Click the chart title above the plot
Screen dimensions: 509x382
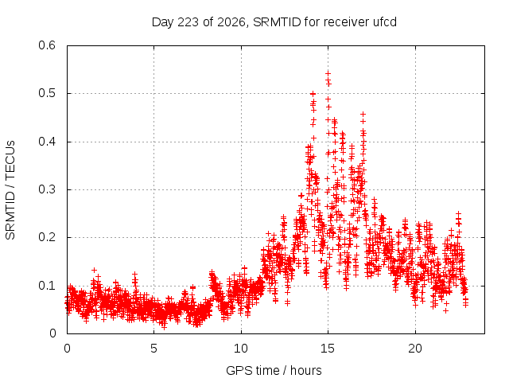click(274, 22)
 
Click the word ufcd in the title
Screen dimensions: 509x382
click(385, 21)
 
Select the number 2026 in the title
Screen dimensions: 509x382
click(231, 22)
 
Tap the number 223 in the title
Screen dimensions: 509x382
click(188, 21)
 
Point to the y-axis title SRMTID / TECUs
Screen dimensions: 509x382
click(10, 190)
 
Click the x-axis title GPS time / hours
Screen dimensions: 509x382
click(274, 370)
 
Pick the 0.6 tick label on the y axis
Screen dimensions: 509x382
click(47, 45)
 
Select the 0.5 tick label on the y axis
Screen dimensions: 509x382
click(47, 93)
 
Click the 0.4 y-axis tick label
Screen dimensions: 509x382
click(47, 142)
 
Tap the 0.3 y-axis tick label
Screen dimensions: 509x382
click(47, 189)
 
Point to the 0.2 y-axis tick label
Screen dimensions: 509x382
click(47, 237)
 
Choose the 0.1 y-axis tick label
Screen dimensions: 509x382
click(47, 286)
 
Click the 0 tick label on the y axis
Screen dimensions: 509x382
click(52, 333)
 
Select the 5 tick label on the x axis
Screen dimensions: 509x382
click(153, 349)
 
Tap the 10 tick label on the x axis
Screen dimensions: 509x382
click(241, 349)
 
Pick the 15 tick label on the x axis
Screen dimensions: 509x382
click(328, 349)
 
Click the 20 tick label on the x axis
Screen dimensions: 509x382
click(415, 349)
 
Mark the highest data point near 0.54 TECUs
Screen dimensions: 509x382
click(328, 73)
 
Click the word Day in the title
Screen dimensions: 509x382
click(163, 22)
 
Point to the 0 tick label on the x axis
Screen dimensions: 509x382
click(67, 349)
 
